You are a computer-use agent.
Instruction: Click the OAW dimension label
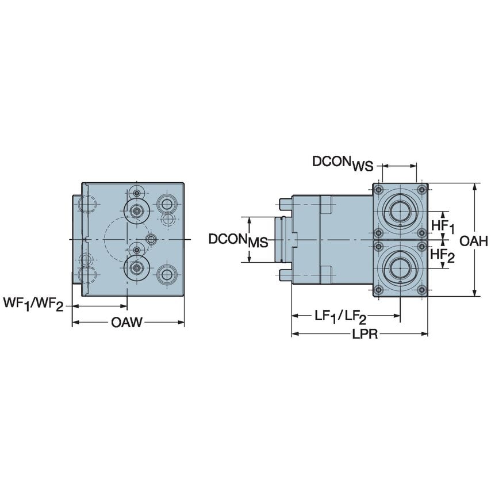pyautogui.click(x=126, y=323)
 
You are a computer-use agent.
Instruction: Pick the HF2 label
pyautogui.click(x=443, y=255)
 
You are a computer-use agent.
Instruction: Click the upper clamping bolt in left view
pyautogui.click(x=136, y=211)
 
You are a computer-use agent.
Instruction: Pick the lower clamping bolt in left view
pyautogui.click(x=136, y=267)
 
